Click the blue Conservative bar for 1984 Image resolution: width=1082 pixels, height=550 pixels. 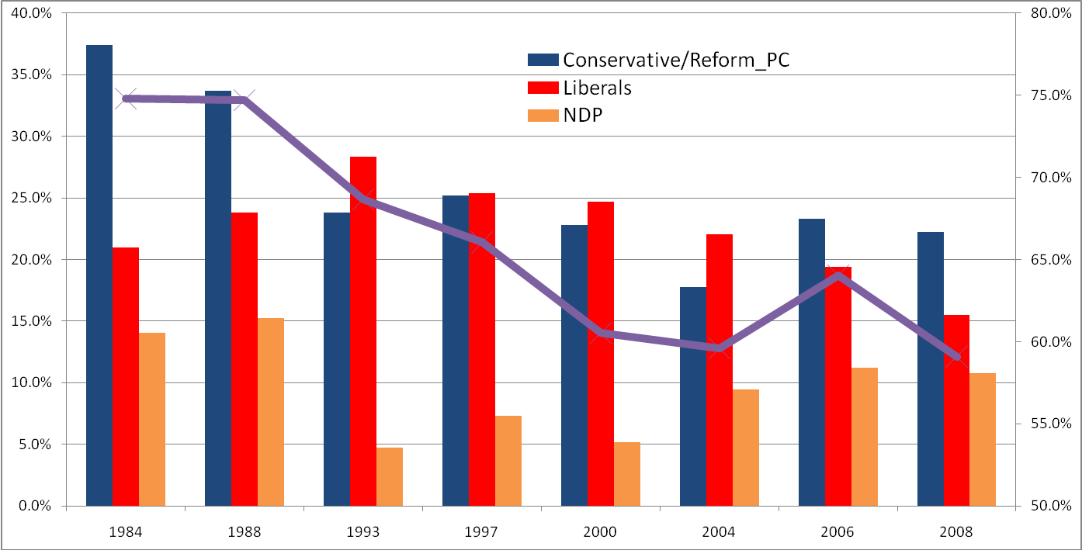coord(99,275)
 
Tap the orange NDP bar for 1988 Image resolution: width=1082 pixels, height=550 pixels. coord(271,412)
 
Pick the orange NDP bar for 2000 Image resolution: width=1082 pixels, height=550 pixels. coord(627,474)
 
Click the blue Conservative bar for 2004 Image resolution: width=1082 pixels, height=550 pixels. coord(693,396)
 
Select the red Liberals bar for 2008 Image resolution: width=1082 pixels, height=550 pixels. coord(957,410)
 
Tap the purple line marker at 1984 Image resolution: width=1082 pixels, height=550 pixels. coord(126,99)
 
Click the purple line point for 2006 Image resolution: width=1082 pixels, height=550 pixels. coord(838,275)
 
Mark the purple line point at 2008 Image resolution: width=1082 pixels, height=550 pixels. coord(956,357)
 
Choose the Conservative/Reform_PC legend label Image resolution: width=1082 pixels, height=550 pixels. coord(676,60)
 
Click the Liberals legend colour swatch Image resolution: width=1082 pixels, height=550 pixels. coord(543,88)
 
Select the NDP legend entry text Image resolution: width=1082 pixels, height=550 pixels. coord(583,115)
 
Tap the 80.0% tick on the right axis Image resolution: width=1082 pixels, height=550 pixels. coord(1051,13)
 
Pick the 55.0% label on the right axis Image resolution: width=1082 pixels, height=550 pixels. coord(1051,424)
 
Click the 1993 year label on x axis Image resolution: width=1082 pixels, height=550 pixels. coord(363,532)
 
